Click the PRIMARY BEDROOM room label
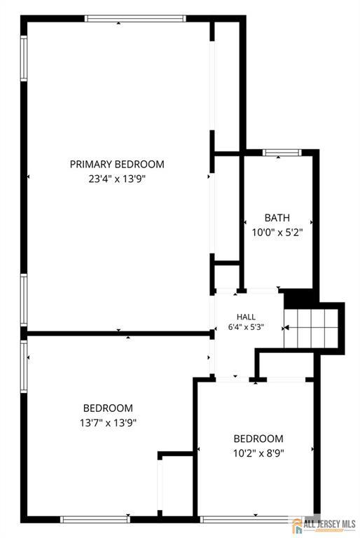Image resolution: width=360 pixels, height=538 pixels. [117, 164]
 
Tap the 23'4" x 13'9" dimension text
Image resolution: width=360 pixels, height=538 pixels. [117, 179]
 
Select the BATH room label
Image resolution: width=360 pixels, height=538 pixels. [277, 218]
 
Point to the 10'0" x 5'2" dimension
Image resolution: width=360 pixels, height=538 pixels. [277, 233]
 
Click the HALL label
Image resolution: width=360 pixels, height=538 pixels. [246, 317]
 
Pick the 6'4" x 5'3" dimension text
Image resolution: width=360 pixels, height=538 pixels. [246, 327]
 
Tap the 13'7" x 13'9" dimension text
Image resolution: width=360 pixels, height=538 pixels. [108, 422]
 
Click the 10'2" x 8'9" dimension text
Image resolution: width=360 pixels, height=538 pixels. [258, 453]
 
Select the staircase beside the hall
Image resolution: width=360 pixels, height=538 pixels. [311, 329]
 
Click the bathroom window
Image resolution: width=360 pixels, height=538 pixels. [282, 152]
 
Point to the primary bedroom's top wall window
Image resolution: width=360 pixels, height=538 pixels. [135, 18]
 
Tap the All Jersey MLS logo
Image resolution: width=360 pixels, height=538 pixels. [324, 525]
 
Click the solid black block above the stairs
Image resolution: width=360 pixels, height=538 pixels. [299, 299]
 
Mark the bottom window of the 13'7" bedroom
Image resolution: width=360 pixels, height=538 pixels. [95, 520]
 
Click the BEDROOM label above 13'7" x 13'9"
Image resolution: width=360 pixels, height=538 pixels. [108, 408]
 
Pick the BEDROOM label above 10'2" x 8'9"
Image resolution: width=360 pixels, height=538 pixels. [258, 439]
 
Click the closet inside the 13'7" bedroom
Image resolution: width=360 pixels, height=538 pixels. [176, 485]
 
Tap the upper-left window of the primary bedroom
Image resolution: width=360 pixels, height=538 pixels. [24, 58]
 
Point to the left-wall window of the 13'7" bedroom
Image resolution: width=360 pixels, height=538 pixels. [24, 366]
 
